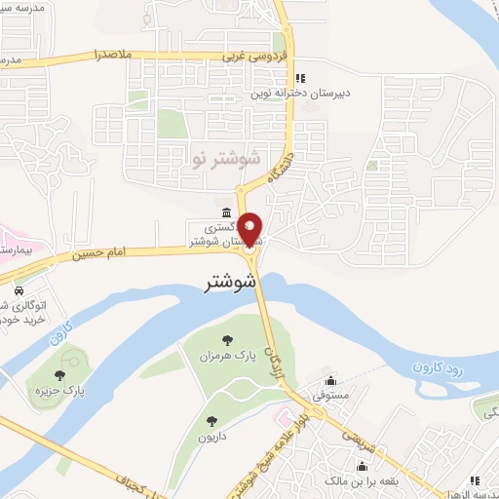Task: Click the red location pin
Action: [x=250, y=230]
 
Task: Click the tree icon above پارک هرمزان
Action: [x=227, y=340]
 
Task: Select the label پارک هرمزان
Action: [x=227, y=357]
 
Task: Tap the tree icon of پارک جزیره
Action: [x=60, y=374]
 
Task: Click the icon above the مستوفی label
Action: [x=333, y=381]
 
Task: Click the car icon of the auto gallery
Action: [x=19, y=290]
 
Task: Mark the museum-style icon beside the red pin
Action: [x=226, y=213]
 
